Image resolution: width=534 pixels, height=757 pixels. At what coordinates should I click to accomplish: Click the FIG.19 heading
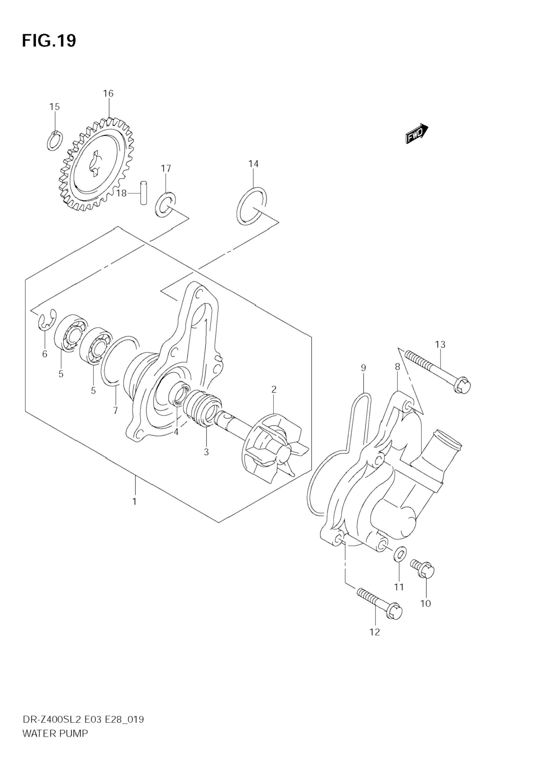coord(49,41)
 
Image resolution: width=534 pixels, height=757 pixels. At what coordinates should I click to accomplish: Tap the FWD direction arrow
coord(417,134)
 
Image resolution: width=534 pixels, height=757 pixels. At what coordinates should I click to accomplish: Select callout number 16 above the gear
coord(108,94)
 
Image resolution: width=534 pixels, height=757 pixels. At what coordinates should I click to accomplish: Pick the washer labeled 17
coord(165,204)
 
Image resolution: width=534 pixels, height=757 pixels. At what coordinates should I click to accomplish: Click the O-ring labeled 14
coord(252,206)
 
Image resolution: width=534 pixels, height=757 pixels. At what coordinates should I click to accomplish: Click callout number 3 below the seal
coord(206,452)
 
